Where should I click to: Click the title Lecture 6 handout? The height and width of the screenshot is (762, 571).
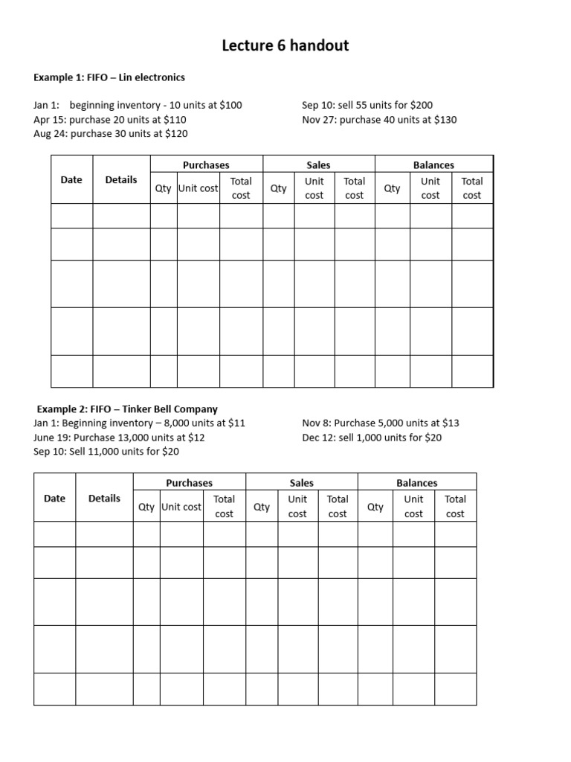point(285,46)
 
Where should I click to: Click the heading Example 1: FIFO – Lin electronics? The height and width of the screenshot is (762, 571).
point(109,77)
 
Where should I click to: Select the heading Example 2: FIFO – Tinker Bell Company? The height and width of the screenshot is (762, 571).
point(127,409)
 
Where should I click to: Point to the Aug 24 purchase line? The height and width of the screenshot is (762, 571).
point(111,134)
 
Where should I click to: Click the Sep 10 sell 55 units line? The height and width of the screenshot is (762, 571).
point(367,106)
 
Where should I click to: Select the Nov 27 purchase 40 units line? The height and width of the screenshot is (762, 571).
point(379,120)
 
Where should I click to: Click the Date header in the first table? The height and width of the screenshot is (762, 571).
point(71,179)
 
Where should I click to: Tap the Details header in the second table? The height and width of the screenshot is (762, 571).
point(104,499)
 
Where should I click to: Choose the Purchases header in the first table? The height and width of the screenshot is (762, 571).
point(206,165)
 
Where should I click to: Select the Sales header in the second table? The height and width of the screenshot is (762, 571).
point(301,483)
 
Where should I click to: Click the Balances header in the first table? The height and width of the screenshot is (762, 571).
point(433,165)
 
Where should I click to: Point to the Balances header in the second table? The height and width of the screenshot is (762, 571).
point(416,483)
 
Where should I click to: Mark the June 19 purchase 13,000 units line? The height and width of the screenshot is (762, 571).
point(119,438)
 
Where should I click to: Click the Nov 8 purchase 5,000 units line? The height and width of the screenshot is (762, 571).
point(381,423)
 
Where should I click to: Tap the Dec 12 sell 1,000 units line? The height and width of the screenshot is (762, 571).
point(372,438)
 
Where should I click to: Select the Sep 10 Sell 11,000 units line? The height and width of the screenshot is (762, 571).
point(106,452)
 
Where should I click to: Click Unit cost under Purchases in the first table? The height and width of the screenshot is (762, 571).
point(198,188)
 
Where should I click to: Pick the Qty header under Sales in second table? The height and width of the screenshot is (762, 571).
point(262,507)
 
